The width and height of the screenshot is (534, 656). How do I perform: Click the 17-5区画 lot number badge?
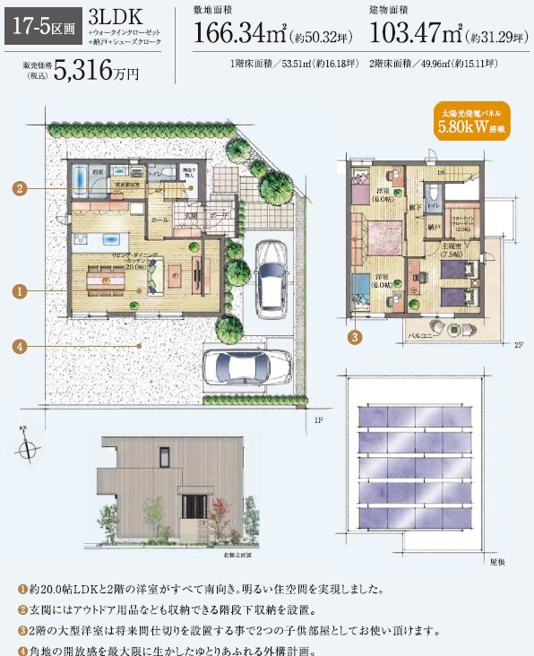pos(42,27)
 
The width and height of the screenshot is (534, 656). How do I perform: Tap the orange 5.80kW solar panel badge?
pos(472,122)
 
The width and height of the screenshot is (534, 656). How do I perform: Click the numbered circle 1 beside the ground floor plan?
pos(17,290)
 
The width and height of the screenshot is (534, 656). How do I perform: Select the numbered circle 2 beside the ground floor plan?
pos(17,188)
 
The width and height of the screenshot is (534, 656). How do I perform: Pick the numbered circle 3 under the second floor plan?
pos(355,337)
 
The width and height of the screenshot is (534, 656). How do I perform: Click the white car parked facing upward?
pos(270,277)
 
